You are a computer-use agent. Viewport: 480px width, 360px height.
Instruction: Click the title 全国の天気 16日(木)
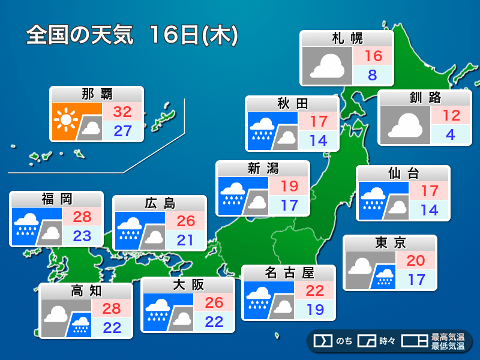(x=133, y=35)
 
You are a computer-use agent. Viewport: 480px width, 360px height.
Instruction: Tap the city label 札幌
(x=347, y=39)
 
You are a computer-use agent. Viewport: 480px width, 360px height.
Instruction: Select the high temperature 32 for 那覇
(x=122, y=112)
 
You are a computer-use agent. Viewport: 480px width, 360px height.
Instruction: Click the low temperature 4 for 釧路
(x=451, y=134)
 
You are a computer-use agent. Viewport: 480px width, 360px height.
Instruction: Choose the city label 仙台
(x=403, y=174)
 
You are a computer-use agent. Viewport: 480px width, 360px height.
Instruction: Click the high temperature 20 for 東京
(x=416, y=260)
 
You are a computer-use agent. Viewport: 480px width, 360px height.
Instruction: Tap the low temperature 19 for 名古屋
(x=314, y=310)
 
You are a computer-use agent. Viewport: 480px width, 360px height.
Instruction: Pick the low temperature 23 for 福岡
(x=82, y=236)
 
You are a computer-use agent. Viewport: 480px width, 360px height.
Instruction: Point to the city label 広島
(x=160, y=203)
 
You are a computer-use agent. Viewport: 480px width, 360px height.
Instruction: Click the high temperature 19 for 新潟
(x=289, y=187)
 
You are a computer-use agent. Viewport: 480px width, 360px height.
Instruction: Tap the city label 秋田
(x=292, y=103)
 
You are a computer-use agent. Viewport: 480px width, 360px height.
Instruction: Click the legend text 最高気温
(x=448, y=337)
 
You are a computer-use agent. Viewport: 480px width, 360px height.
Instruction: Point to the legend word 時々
(x=388, y=341)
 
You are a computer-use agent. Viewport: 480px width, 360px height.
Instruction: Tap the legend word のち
(x=344, y=341)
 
